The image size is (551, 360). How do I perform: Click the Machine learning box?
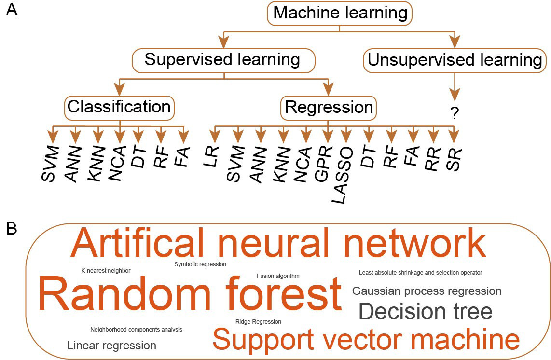click(x=340, y=14)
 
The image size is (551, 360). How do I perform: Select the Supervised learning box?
click(x=223, y=60)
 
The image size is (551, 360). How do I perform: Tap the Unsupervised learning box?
click(x=455, y=60)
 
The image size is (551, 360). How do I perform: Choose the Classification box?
click(x=119, y=108)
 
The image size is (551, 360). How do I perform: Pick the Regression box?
click(x=328, y=108)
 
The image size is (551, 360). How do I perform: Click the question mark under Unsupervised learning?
click(x=455, y=113)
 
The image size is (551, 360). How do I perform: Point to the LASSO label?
click(x=343, y=175)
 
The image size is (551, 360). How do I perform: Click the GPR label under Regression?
click(x=323, y=164)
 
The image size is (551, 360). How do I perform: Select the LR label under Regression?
click(x=211, y=156)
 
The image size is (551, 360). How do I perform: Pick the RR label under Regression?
click(x=433, y=159)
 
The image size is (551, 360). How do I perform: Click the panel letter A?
click(x=12, y=10)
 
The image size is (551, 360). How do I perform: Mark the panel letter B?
click(x=12, y=229)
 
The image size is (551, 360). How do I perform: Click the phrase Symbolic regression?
click(x=200, y=264)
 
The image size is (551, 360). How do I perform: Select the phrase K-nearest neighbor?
click(x=106, y=271)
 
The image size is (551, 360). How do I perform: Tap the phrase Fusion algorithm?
click(x=278, y=276)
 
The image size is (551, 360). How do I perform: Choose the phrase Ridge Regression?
click(x=258, y=322)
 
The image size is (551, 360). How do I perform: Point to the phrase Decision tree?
click(x=425, y=311)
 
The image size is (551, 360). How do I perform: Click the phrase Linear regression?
click(x=112, y=346)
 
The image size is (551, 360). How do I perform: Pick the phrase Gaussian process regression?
click(x=427, y=291)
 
